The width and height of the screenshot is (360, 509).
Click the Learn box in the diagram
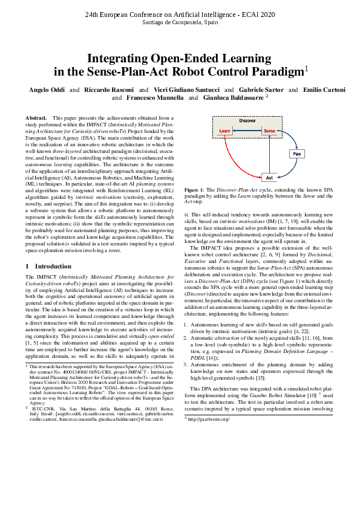tap(224, 131)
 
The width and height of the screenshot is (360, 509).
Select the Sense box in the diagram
tap(269, 131)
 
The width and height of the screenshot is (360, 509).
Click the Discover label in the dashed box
tap(247, 121)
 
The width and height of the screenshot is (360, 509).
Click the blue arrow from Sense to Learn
tap(247, 131)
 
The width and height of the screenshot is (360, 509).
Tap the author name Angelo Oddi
tap(47, 89)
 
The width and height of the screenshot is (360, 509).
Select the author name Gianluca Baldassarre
tap(232, 97)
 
